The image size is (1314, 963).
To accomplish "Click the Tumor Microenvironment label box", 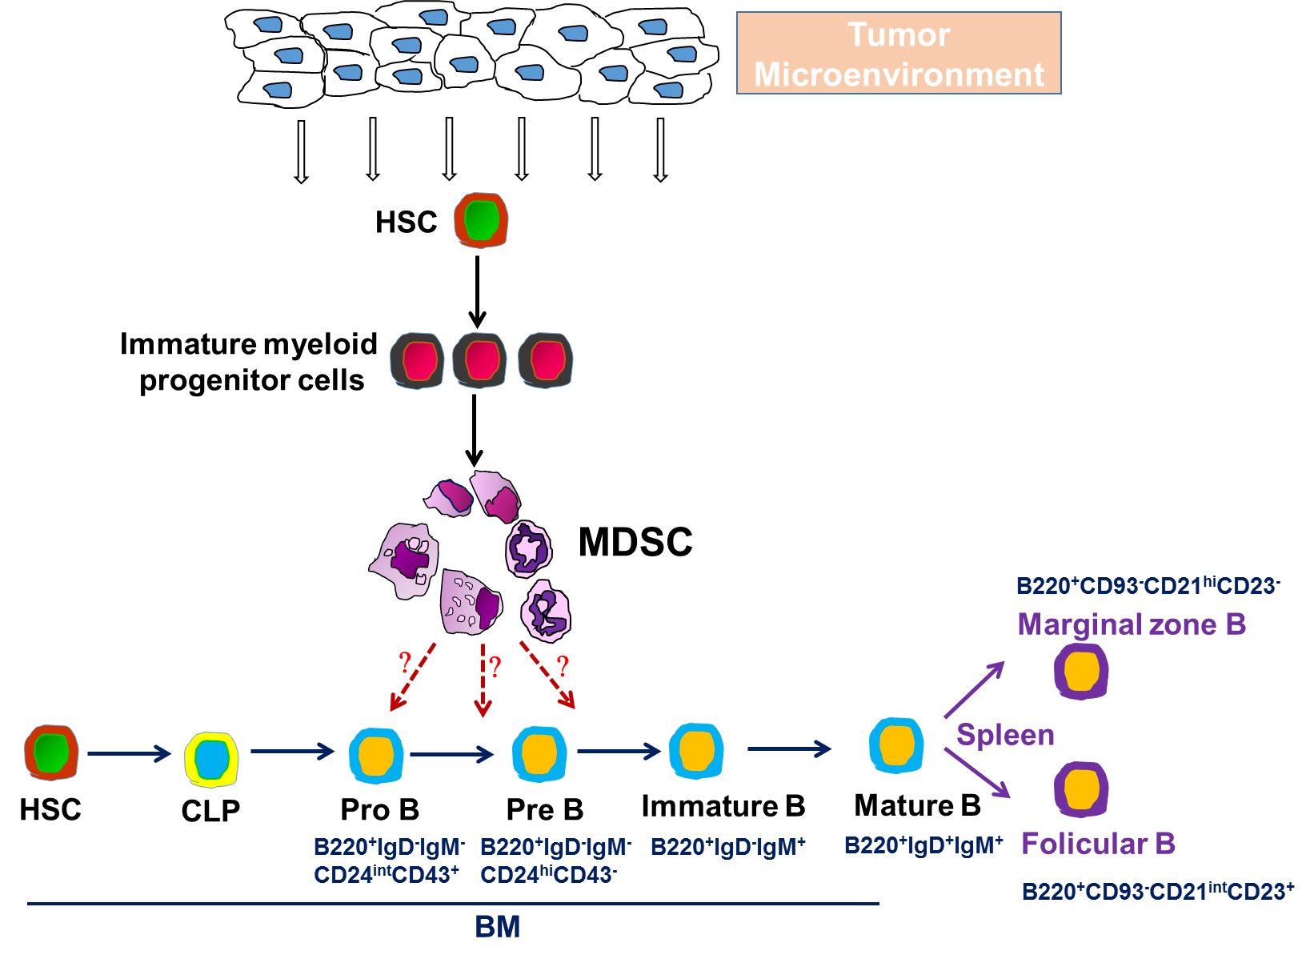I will pos(899,53).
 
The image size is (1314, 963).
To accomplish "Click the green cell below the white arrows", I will pos(481,220).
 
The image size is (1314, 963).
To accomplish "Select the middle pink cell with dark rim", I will pos(480,360).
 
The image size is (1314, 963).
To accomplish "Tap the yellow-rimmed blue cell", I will pos(211,759).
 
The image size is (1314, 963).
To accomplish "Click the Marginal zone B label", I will pos(1132,624).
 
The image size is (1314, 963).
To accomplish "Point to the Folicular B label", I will pos(1098,844).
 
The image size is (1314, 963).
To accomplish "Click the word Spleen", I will pos(1005,735).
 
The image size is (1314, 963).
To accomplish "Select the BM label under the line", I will pos(497,927).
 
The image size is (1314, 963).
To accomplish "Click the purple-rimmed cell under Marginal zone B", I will pos(1081,672).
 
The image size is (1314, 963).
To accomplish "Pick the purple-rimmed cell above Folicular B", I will pos(1081,789).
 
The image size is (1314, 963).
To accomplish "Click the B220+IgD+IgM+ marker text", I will pos(923,845).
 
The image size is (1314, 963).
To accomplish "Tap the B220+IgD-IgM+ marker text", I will pos(727,847).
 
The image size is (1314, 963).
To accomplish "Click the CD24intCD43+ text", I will pos(387,875).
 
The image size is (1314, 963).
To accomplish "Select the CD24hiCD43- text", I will pos(549,875).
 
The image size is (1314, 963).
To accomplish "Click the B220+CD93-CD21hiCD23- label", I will pos(1148,586).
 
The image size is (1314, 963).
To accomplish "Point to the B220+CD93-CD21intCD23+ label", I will pos(1157,891).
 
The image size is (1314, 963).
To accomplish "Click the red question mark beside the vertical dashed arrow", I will pos(495,666).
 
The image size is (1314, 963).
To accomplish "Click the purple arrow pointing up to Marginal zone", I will pos(974,689).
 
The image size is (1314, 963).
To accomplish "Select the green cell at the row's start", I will pos(51,752).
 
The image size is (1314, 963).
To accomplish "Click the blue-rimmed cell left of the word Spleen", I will pos(896,745).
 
